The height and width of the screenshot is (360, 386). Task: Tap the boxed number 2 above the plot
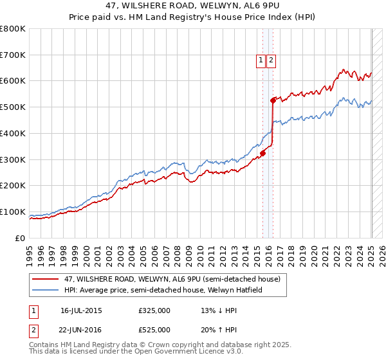pos(271,61)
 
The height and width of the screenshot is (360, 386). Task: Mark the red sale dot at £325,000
pos(263,153)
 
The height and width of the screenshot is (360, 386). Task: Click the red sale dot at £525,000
pos(273,100)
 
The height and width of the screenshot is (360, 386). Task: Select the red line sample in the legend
pos(46,280)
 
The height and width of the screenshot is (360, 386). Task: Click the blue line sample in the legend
pos(46,291)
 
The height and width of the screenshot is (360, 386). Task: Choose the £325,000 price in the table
pos(154,310)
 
